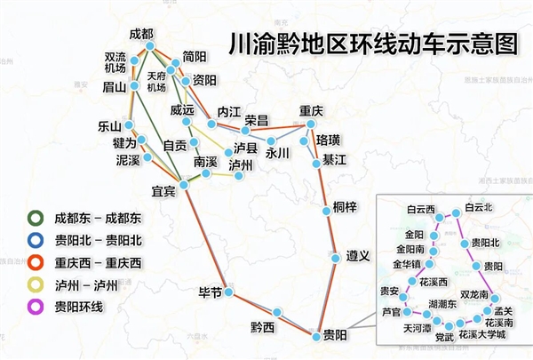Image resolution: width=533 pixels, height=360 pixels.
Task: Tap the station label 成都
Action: tap(141, 34)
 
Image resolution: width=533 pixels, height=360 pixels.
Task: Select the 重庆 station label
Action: tap(313, 111)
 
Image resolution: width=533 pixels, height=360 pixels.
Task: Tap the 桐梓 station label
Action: tap(345, 207)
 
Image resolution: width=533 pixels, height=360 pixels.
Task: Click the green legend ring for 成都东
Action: tap(35, 216)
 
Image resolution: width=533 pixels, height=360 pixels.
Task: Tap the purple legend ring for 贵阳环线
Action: tap(35, 307)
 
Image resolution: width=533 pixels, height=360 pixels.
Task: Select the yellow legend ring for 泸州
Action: tap(35, 284)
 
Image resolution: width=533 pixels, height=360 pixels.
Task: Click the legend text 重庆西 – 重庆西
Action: tap(98, 261)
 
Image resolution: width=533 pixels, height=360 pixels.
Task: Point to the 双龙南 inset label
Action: tap(480, 294)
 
